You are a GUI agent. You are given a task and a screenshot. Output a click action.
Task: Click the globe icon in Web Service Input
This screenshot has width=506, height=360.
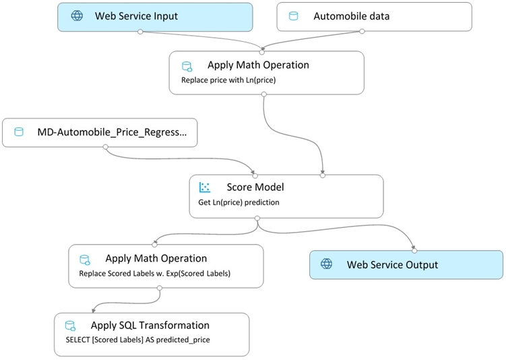click(77, 16)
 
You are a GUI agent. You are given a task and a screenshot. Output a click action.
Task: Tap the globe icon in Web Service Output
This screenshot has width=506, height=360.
click(326, 264)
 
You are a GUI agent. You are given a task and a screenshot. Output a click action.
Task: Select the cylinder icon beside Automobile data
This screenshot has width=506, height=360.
click(293, 16)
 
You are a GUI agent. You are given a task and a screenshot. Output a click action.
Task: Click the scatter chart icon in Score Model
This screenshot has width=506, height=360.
click(205, 187)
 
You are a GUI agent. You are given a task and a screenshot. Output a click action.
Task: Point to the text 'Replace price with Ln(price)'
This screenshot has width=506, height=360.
click(228, 80)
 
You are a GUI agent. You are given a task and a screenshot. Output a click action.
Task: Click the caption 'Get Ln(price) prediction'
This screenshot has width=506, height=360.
click(239, 202)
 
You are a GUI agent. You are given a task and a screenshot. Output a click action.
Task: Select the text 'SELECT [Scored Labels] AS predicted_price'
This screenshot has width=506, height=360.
click(138, 340)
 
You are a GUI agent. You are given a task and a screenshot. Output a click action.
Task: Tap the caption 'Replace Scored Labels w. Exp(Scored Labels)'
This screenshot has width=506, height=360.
click(154, 274)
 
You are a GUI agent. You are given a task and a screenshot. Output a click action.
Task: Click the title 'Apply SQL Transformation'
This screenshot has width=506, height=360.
click(150, 325)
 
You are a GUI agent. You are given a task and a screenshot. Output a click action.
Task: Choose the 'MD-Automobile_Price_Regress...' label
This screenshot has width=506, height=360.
click(112, 132)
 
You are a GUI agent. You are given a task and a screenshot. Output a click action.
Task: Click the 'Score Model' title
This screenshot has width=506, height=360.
click(255, 187)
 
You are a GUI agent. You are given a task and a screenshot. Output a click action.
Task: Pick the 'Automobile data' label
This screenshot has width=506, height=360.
click(352, 16)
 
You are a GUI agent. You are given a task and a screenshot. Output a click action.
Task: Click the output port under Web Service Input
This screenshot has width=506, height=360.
click(140, 32)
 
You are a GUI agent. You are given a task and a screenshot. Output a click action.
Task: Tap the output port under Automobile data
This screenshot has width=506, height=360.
click(362, 31)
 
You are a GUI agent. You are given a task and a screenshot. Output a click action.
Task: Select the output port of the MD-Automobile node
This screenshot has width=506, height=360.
click(105, 147)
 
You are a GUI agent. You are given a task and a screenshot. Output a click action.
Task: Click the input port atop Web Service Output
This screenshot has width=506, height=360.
click(414, 251)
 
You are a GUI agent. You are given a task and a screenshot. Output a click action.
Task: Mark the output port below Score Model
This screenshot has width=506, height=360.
click(257, 218)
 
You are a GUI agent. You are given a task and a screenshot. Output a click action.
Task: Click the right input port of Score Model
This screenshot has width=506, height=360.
click(322, 176)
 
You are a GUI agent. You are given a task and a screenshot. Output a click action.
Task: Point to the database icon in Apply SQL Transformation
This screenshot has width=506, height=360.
click(70, 326)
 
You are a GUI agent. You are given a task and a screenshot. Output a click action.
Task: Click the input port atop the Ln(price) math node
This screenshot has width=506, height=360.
click(262, 52)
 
